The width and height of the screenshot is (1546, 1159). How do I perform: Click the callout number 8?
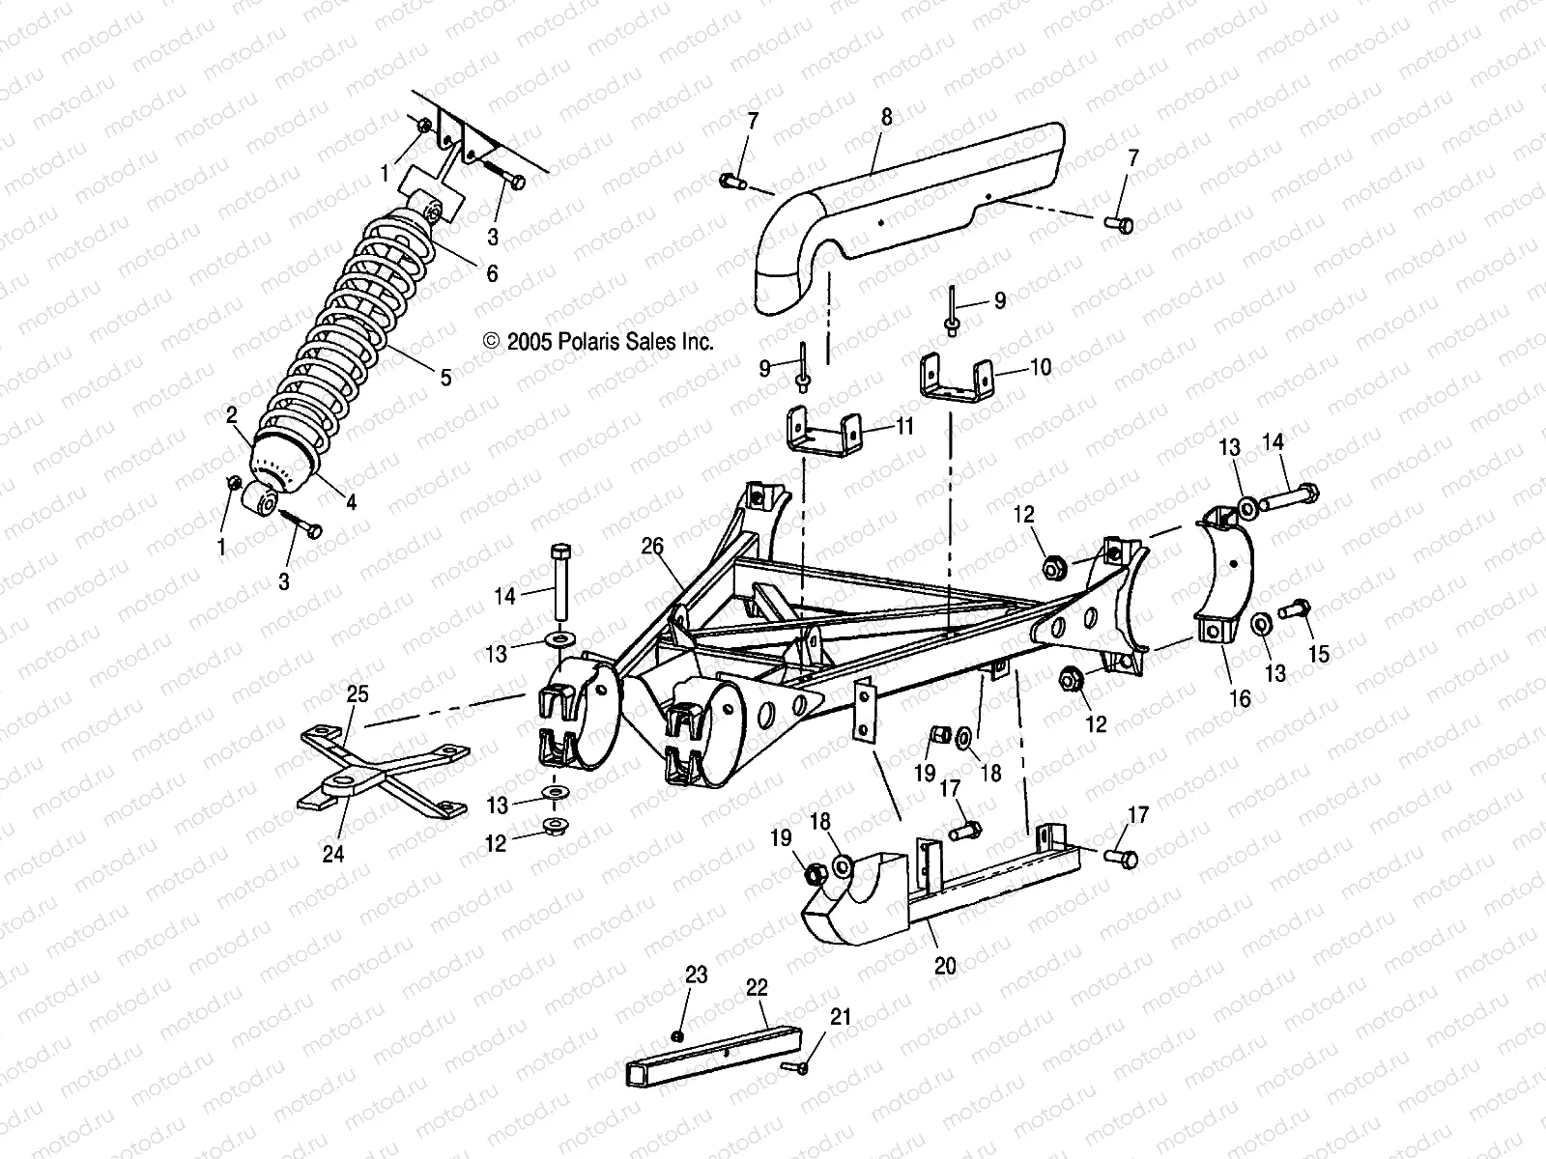tap(886, 118)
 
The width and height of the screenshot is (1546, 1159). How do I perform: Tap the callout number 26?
tap(652, 548)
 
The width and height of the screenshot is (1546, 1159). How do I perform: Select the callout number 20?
tap(946, 966)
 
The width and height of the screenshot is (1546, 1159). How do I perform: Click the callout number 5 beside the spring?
tap(445, 378)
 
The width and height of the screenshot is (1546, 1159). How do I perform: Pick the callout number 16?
tap(1240, 698)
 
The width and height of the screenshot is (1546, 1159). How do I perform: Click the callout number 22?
tap(757, 987)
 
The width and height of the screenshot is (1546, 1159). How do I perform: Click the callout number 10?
tap(1041, 368)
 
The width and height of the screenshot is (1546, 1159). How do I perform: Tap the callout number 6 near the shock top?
tap(492, 274)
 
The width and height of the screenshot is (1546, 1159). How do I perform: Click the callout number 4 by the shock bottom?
tap(352, 502)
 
